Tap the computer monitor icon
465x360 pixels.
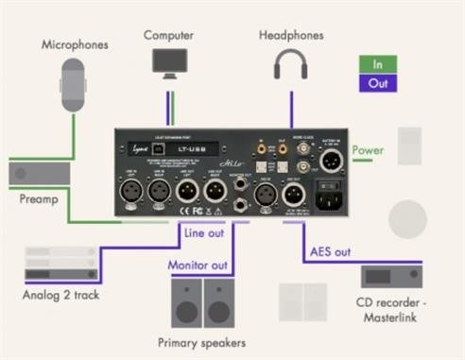(169, 62)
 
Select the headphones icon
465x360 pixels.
(290, 63)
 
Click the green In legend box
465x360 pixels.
(378, 65)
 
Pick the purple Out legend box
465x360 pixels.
(378, 82)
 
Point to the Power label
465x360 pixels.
(368, 149)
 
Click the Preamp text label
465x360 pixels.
(39, 199)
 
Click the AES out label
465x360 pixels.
(329, 253)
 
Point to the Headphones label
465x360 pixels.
(290, 34)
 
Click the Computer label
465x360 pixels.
(169, 34)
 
